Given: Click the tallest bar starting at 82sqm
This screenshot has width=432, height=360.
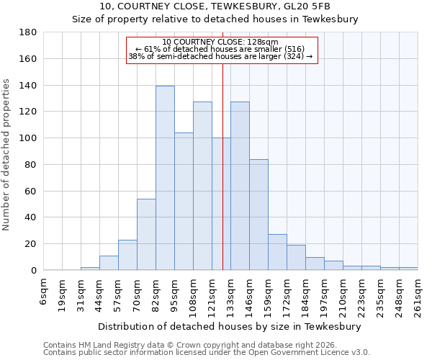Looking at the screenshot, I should coord(165,178).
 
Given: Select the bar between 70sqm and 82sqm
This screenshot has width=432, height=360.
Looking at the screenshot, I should coord(146,234).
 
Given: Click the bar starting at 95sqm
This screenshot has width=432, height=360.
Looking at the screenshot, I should coord(184,201).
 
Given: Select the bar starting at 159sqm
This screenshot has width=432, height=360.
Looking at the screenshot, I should coord(277,252).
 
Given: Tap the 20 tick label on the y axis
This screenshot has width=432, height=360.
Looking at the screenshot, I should coord(30,244).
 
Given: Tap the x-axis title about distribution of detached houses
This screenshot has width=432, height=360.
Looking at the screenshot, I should coord(230,326).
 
